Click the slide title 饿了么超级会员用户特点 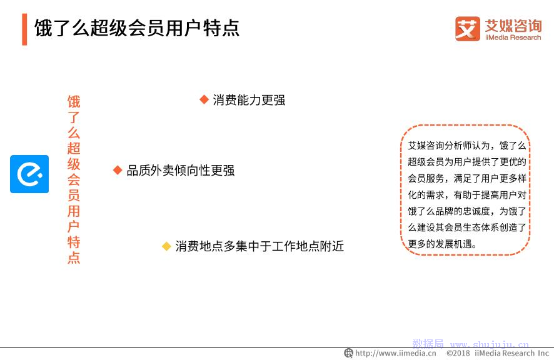(x=137, y=28)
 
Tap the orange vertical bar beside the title (x=24, y=29)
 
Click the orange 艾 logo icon (x=468, y=29)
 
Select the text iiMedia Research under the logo (x=513, y=37)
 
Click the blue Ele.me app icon (x=29, y=174)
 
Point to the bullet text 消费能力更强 (x=249, y=100)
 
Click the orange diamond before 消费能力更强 (x=204, y=99)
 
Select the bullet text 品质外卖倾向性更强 (x=181, y=170)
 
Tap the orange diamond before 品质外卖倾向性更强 (x=118, y=170)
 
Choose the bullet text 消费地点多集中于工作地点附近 (x=259, y=246)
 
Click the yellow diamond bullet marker (x=166, y=246)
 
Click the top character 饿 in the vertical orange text (x=74, y=102)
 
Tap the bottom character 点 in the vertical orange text (x=74, y=257)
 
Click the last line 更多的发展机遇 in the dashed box (x=442, y=244)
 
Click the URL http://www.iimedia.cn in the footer (x=395, y=353)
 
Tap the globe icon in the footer (x=348, y=353)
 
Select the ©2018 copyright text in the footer (x=458, y=353)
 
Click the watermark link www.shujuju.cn (x=490, y=344)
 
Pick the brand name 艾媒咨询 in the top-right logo (x=513, y=26)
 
